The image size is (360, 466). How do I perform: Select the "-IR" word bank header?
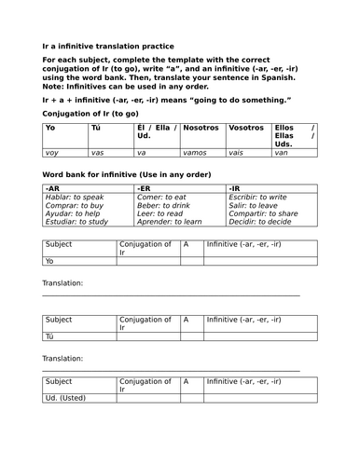pos(237,188)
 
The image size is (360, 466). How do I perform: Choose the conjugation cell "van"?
pos(282,151)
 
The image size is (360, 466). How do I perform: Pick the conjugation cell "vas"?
pos(99,151)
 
